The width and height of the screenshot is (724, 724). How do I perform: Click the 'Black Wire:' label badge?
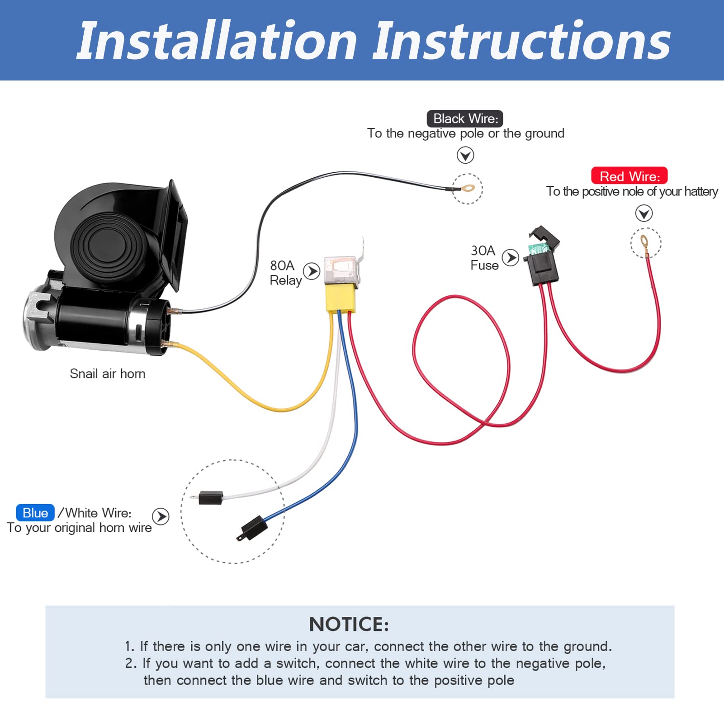[465, 118]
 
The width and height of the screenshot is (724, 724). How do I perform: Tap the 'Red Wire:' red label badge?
[629, 176]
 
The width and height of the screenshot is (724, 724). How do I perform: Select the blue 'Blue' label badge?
[35, 513]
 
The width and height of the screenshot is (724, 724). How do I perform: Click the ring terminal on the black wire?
[468, 188]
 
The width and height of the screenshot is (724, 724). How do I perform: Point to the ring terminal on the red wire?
[644, 242]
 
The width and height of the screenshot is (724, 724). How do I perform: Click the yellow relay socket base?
[340, 298]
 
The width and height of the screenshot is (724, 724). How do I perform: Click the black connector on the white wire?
[211, 497]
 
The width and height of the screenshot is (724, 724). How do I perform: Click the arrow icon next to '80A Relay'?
[312, 271]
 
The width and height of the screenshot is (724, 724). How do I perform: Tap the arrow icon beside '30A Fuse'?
[511, 258]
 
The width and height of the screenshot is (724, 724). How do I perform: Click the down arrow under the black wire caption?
[465, 155]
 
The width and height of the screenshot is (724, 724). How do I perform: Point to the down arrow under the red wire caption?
[644, 213]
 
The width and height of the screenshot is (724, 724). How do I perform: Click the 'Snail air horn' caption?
[108, 374]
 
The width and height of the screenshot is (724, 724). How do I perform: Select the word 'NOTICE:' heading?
[349, 625]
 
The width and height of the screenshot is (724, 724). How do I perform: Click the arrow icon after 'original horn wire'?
[161, 516]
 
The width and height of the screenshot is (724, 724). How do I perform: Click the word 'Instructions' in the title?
[521, 42]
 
